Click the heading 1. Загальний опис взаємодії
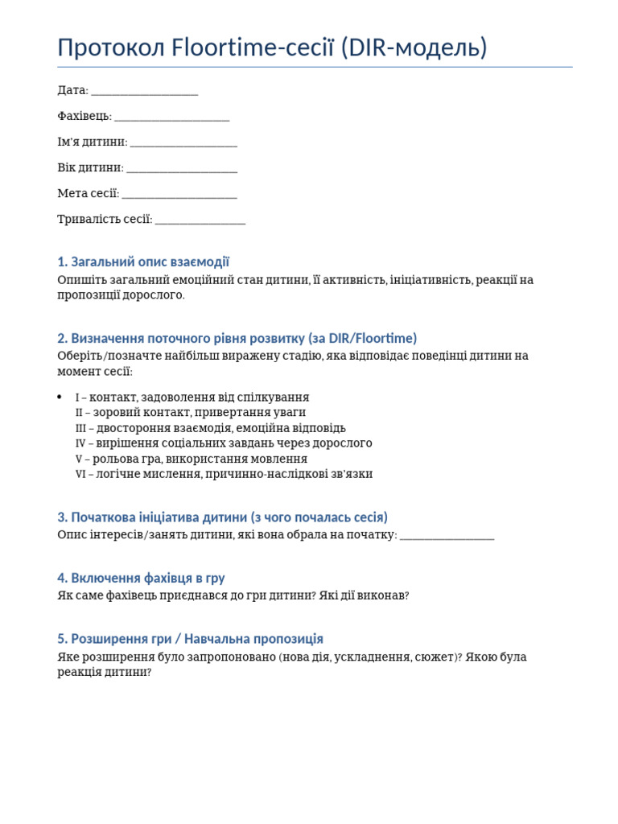tap(143, 262)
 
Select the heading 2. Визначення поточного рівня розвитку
tap(237, 338)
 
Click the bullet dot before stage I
tap(60, 397)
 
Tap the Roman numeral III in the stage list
tap(80, 428)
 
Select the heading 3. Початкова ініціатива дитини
tap(222, 517)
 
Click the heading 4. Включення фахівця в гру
tap(141, 578)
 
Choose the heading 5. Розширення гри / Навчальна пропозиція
tap(190, 638)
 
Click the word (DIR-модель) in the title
tap(414, 48)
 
